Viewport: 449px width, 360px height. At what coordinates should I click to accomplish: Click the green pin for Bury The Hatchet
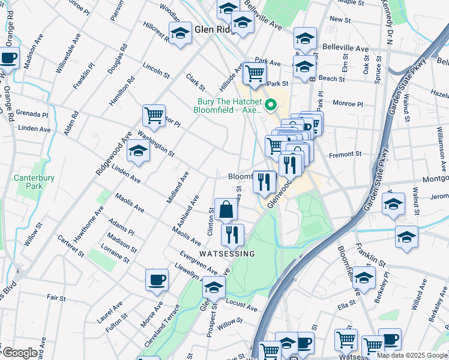point(270,106)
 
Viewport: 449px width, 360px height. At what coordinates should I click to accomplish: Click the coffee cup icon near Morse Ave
point(157,280)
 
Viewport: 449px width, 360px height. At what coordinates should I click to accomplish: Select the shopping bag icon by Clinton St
point(226,210)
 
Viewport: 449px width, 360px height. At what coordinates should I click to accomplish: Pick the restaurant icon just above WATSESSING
point(232,234)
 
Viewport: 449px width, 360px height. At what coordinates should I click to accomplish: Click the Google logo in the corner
point(19,353)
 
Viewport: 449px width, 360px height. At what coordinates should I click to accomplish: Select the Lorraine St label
point(116,254)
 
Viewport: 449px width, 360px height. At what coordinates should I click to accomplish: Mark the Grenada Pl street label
point(32,114)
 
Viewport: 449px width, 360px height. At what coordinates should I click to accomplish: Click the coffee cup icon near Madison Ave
point(8,58)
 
